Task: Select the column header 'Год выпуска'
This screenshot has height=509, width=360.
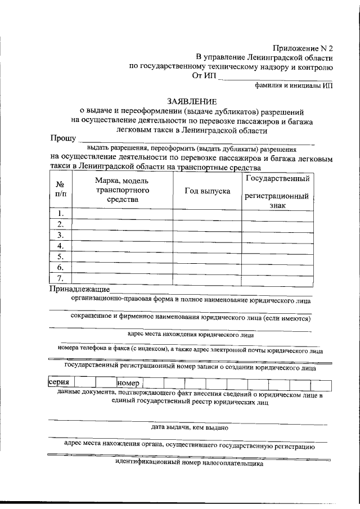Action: [x=207, y=191]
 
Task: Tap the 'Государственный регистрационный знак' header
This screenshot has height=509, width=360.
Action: [x=277, y=192]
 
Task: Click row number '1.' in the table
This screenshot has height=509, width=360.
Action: [x=61, y=214]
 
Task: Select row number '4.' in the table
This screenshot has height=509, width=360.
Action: [x=61, y=246]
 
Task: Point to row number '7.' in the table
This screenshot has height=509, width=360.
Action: [x=61, y=278]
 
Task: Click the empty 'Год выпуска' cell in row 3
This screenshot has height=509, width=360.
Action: [x=207, y=235]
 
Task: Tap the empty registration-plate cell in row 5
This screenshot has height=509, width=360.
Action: [x=277, y=256]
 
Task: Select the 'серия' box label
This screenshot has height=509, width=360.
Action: [x=58, y=383]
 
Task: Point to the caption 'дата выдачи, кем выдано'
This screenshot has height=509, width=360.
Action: [x=189, y=427]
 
